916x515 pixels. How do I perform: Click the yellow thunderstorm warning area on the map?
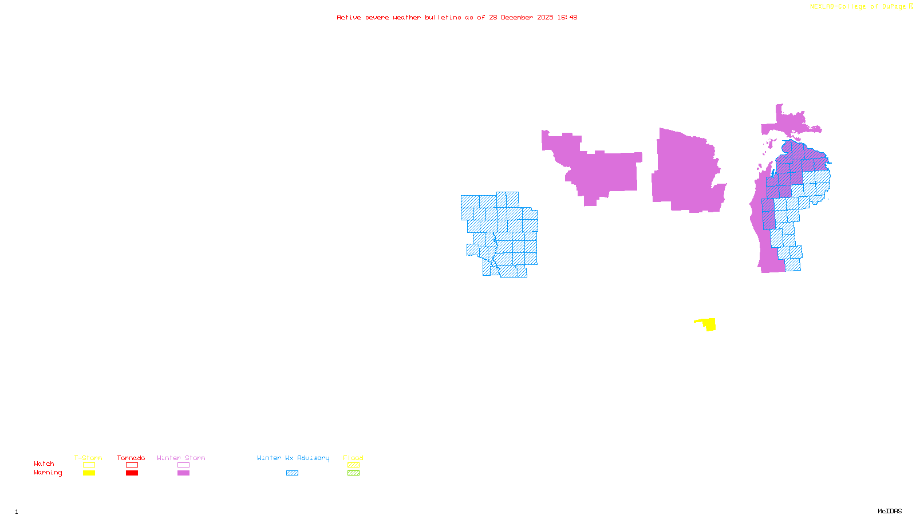709,324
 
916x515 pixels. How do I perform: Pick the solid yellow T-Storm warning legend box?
89,473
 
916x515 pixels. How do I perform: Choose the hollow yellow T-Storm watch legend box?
89,465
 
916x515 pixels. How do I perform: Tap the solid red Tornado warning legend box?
132,473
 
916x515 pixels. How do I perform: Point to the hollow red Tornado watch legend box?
132,465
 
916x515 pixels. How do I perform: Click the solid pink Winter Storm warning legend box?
183,473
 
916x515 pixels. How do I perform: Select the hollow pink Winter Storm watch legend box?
183,465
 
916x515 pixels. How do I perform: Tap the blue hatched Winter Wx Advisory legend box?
292,473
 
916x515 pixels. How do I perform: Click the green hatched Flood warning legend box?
353,473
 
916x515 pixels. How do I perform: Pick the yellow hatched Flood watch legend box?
353,465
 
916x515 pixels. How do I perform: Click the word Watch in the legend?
44,463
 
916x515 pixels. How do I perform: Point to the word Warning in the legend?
48,473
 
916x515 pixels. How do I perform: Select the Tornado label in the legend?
131,458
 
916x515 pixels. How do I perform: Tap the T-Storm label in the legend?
88,458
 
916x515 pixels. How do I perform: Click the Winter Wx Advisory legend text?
293,458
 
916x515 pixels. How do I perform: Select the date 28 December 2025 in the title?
521,17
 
